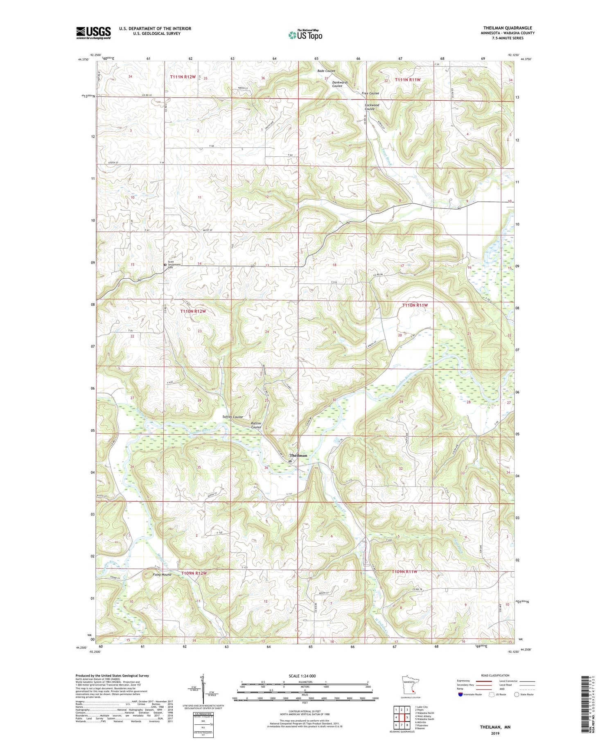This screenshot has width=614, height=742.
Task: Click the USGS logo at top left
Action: (x=93, y=33)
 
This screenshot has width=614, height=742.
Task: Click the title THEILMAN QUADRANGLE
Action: (x=507, y=28)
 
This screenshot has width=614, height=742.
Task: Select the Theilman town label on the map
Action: (x=298, y=455)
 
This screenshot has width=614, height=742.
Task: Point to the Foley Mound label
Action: (x=162, y=575)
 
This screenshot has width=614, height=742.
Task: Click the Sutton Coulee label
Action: (x=233, y=417)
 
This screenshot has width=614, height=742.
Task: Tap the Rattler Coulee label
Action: (x=256, y=425)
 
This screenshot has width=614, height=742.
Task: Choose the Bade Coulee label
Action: (x=326, y=71)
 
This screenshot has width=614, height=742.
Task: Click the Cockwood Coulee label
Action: (x=372, y=107)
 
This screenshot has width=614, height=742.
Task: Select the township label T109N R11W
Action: (x=404, y=571)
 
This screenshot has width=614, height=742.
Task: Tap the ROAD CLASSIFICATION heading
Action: (x=495, y=675)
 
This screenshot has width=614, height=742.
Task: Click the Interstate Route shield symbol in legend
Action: (x=460, y=695)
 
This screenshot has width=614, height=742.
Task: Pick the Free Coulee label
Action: (x=370, y=93)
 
